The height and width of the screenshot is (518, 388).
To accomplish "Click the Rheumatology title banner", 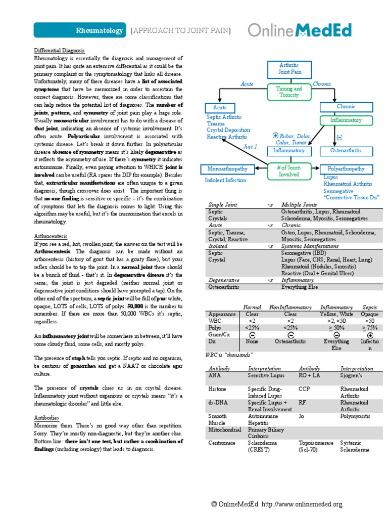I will click(x=80, y=31).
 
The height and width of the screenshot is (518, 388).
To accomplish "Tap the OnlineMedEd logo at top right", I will click(x=300, y=30).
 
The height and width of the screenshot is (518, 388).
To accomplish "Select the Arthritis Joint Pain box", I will click(x=288, y=69).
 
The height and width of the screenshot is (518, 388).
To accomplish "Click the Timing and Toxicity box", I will click(x=288, y=92).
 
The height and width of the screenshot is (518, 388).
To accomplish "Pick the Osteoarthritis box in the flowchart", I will click(x=345, y=151).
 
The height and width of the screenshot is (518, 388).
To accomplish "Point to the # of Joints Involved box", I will click(x=288, y=170).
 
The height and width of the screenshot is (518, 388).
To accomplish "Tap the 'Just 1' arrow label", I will click(x=251, y=146).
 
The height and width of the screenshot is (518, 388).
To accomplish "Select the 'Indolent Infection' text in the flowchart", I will click(x=225, y=180).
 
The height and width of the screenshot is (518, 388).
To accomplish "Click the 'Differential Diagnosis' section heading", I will click(x=59, y=51).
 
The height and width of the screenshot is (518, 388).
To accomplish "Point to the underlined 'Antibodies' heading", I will click(x=46, y=418).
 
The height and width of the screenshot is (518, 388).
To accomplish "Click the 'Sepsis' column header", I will click(x=370, y=307).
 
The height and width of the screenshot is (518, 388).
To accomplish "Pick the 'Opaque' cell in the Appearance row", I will click(x=370, y=314).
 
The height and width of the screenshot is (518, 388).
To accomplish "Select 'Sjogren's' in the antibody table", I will click(x=354, y=376).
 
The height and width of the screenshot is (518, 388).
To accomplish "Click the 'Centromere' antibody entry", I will click(x=223, y=443).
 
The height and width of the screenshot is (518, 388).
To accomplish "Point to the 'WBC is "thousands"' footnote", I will click(x=230, y=355).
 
